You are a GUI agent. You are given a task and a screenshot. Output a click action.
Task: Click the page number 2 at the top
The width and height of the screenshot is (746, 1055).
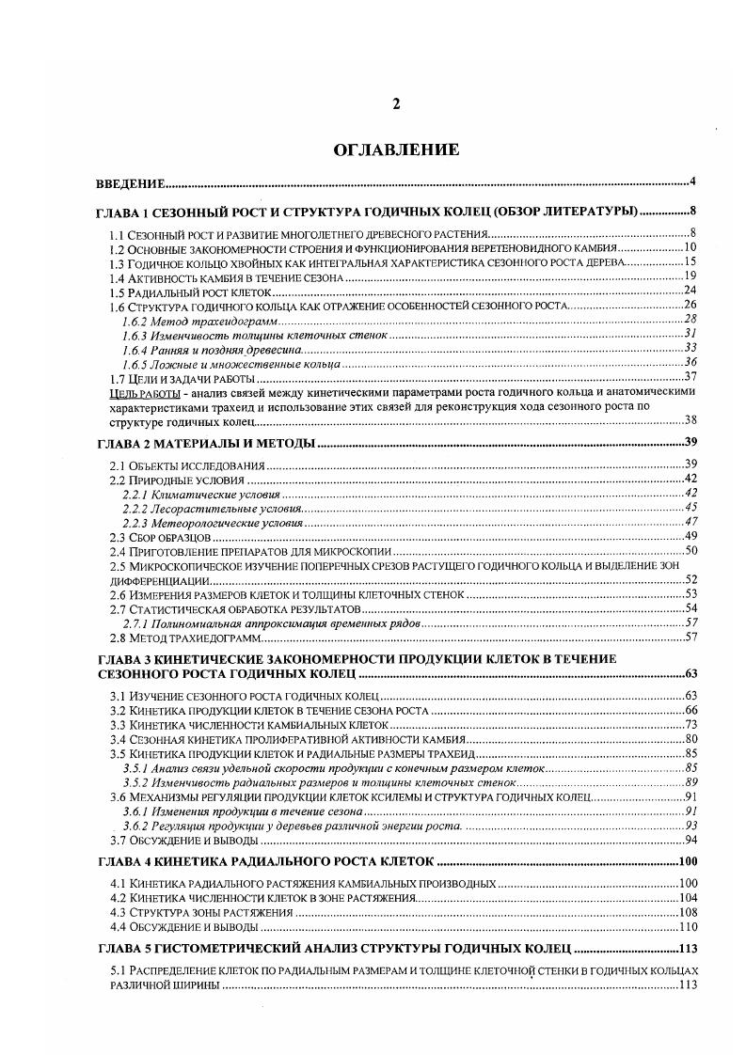click(396, 104)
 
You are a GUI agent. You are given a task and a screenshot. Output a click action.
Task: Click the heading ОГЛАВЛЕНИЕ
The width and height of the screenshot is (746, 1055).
click(396, 150)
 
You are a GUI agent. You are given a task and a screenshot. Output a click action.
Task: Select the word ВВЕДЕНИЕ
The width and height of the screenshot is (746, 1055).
click(132, 182)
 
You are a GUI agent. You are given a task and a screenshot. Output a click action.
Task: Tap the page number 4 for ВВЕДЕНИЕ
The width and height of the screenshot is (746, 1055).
click(691, 182)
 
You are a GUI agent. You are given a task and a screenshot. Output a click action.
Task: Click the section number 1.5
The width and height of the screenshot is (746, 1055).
click(119, 291)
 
